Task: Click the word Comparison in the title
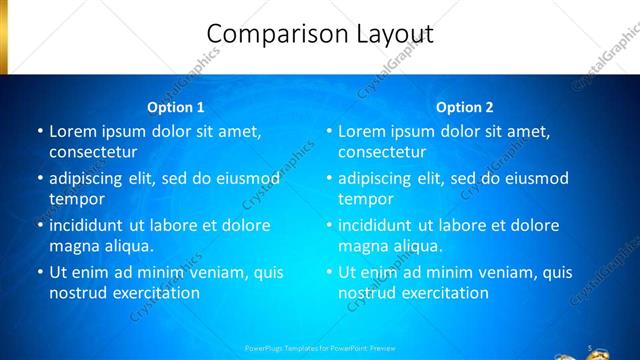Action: point(280,34)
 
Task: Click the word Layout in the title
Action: point(396,34)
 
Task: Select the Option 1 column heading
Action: point(176,107)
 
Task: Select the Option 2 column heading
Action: point(465,107)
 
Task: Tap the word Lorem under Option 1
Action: point(72,131)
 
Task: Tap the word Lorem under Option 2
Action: point(361,131)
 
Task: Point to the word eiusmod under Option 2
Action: point(536,179)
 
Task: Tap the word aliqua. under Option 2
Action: point(415,246)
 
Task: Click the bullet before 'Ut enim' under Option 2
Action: point(328,272)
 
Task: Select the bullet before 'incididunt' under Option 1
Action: point(39,225)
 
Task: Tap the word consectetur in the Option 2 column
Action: point(382,152)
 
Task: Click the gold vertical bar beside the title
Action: point(4,36)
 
